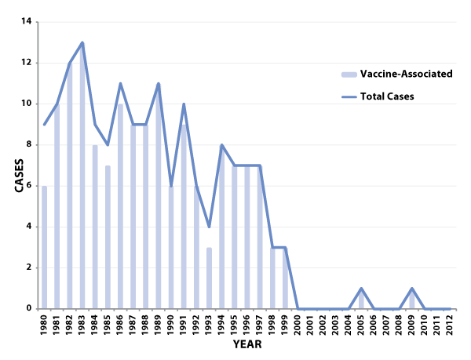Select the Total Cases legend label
(x=387, y=96)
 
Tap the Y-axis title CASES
(x=18, y=165)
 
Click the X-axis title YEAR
(x=247, y=344)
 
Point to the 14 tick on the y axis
(x=27, y=22)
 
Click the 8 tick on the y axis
(x=28, y=144)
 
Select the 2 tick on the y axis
(x=28, y=267)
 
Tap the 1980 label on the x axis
(x=44, y=323)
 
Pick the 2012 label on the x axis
(x=449, y=323)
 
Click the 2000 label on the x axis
(x=298, y=323)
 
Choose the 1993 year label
(x=209, y=323)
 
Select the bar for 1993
(x=209, y=278)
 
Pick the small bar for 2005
(x=361, y=300)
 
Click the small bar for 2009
(x=411, y=300)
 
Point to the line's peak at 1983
(x=82, y=42)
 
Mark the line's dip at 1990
(x=170, y=185)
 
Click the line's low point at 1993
(x=209, y=227)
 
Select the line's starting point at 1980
(x=44, y=124)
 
